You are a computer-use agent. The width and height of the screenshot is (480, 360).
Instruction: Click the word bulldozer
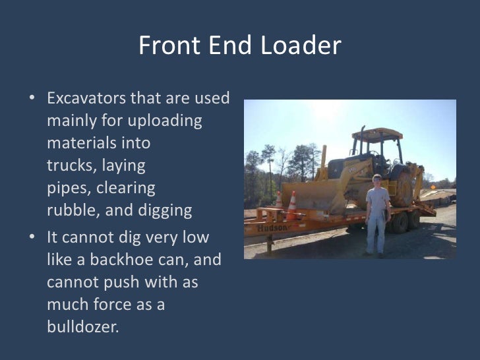82,326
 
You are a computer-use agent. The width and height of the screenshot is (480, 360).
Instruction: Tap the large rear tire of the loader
403,188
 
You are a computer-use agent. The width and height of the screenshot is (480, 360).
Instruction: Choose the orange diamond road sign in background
433,187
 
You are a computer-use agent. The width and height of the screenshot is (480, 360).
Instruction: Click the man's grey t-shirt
378,199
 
